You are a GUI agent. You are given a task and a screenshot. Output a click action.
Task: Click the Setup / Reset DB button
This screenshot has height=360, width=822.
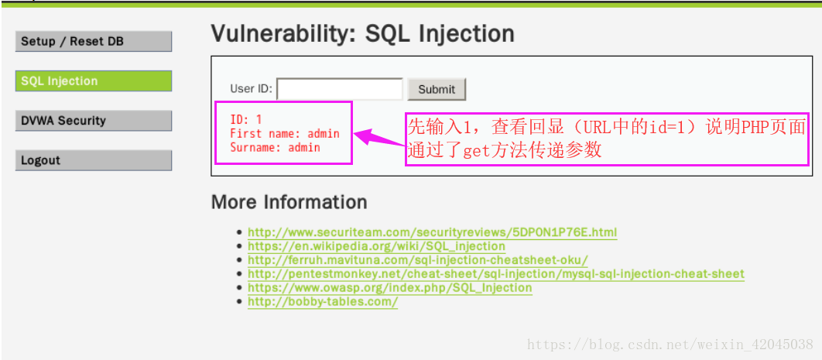coord(94,42)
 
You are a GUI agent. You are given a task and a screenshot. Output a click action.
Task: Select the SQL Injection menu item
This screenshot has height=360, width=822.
coord(94,81)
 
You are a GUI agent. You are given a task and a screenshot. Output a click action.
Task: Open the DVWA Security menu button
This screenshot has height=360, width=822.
coord(94,121)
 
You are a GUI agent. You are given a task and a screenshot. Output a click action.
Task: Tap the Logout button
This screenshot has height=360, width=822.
coord(94,160)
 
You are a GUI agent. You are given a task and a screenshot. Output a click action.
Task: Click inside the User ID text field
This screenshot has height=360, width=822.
coord(340,89)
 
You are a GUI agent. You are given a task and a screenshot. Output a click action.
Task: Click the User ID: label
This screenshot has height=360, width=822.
coord(251,88)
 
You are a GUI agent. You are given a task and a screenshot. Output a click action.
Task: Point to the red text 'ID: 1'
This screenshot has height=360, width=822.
coord(246,119)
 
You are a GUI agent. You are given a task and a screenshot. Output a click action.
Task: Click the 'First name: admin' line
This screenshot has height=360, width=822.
coord(285,134)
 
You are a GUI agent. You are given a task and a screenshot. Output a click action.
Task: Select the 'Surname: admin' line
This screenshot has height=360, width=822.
coord(276,148)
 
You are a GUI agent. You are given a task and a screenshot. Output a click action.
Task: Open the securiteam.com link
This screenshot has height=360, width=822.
coord(432,232)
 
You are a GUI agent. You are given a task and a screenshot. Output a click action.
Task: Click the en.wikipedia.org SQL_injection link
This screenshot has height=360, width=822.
coord(376,246)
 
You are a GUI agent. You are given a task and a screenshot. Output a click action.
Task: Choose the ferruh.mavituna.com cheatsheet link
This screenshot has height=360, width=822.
coord(418,260)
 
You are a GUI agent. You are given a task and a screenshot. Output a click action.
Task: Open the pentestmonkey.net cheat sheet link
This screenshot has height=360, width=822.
coord(496,274)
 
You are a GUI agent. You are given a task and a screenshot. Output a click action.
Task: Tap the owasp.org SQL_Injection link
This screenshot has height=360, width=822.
coord(389,288)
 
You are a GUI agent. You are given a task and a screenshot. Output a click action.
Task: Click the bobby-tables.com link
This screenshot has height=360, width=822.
coord(323,302)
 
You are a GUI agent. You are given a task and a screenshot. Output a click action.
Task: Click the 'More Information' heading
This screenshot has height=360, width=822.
coord(289,202)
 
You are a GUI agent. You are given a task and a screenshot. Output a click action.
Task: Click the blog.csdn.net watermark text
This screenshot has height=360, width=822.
coord(670,345)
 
